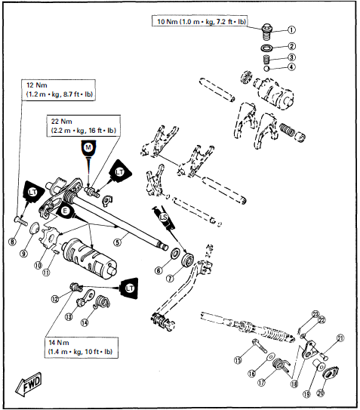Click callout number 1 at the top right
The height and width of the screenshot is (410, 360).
point(292,31)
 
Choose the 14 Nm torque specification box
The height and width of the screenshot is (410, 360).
point(78,347)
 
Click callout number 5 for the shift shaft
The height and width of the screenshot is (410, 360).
point(117,242)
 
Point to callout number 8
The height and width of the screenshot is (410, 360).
point(12,241)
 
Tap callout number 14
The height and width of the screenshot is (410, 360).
point(85,322)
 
